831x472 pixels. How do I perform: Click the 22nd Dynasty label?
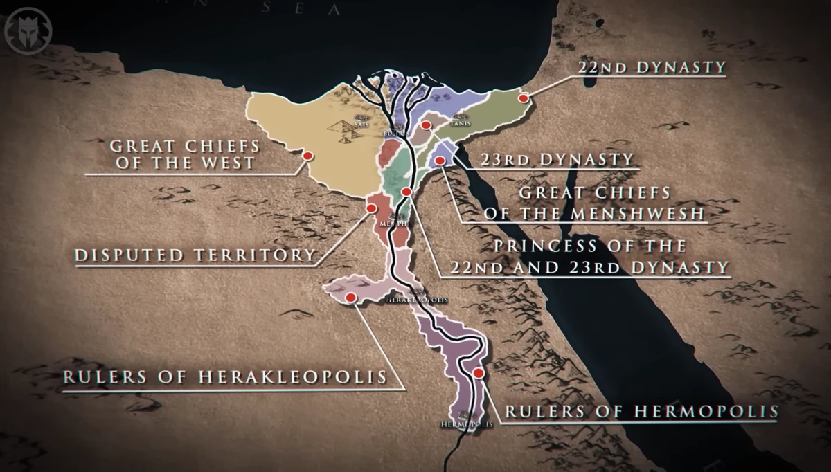[x=651, y=67]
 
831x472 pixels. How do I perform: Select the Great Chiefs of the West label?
[x=184, y=155]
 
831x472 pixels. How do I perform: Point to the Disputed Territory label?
[x=195, y=255]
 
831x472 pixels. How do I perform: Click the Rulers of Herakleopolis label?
[x=224, y=378]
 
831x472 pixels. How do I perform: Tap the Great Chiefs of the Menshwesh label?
[x=594, y=202]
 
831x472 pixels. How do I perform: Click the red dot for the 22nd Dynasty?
[x=524, y=98]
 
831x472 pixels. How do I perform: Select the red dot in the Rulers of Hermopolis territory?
[x=478, y=374]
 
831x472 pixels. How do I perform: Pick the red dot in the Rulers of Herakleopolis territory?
[x=350, y=297]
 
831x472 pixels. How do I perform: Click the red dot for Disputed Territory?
[x=372, y=208]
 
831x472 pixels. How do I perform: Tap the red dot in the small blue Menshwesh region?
[x=439, y=161]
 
